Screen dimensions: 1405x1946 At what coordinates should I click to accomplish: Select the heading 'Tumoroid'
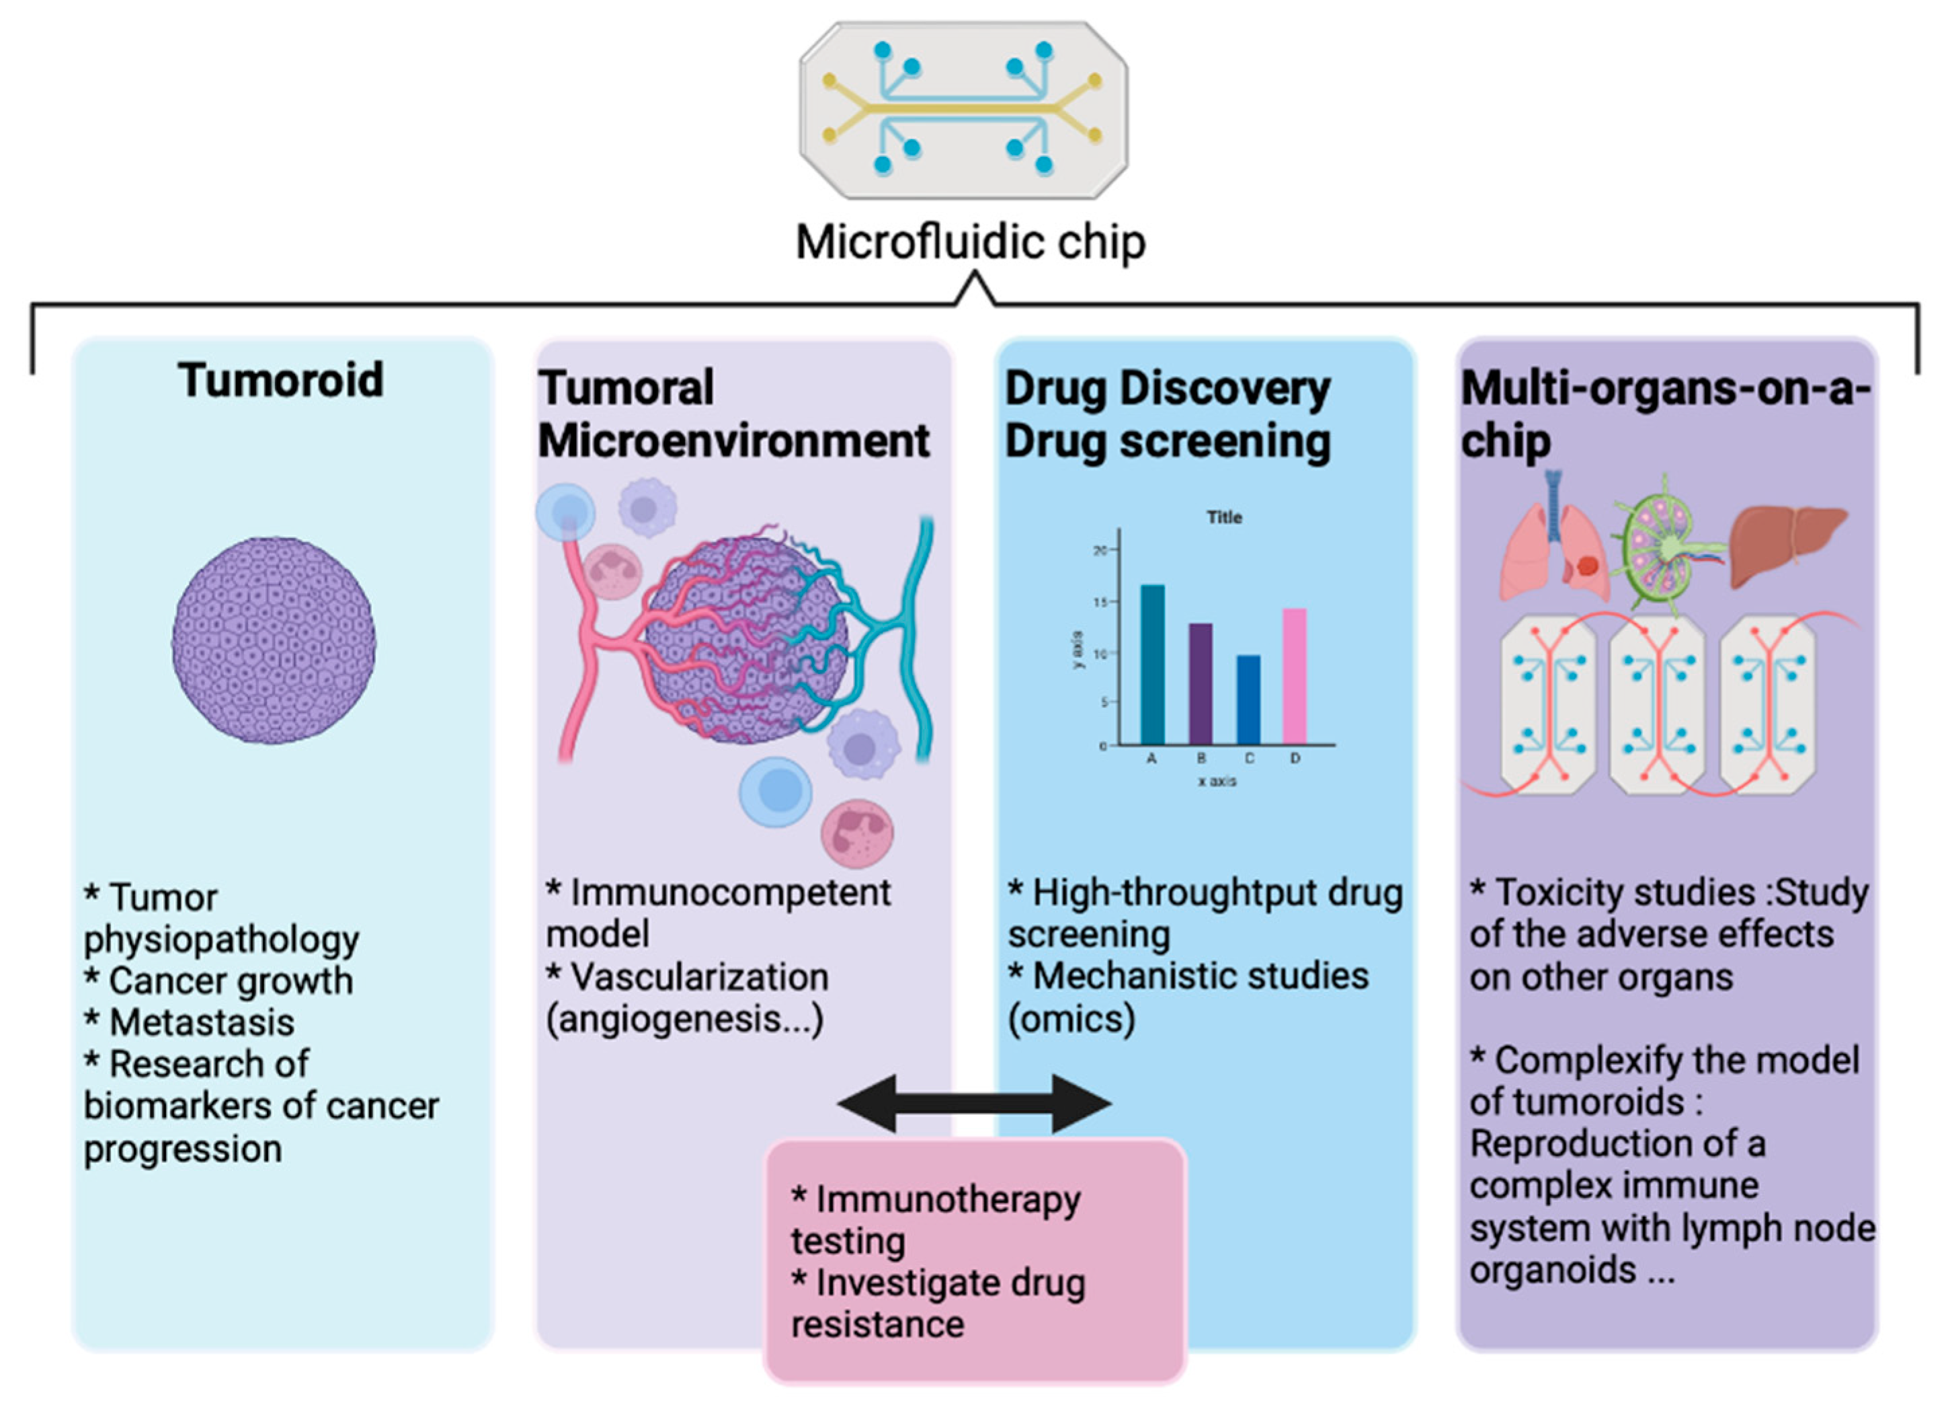280,380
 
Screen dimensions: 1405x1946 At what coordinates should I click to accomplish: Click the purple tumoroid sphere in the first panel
274,640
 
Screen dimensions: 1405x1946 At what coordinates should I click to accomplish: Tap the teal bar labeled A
1151,664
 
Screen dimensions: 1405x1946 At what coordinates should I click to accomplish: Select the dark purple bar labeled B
1201,683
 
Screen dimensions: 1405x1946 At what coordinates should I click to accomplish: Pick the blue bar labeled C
1248,699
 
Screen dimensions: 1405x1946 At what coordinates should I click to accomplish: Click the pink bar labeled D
1294,677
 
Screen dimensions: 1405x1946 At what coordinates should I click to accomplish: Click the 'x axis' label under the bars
1217,781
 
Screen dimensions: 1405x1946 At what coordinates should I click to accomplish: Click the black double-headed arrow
974,1103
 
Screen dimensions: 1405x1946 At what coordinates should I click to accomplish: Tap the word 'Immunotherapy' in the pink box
948,1200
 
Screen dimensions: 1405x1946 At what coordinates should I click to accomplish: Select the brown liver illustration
1788,544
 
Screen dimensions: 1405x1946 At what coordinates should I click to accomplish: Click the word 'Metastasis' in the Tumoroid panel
202,1022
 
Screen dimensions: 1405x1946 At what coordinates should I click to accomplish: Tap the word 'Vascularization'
699,977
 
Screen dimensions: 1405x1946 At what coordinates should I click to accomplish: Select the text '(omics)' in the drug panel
1071,1019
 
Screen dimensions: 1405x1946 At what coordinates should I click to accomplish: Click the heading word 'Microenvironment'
733,441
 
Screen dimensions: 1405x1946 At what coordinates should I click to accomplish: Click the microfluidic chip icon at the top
963,109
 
